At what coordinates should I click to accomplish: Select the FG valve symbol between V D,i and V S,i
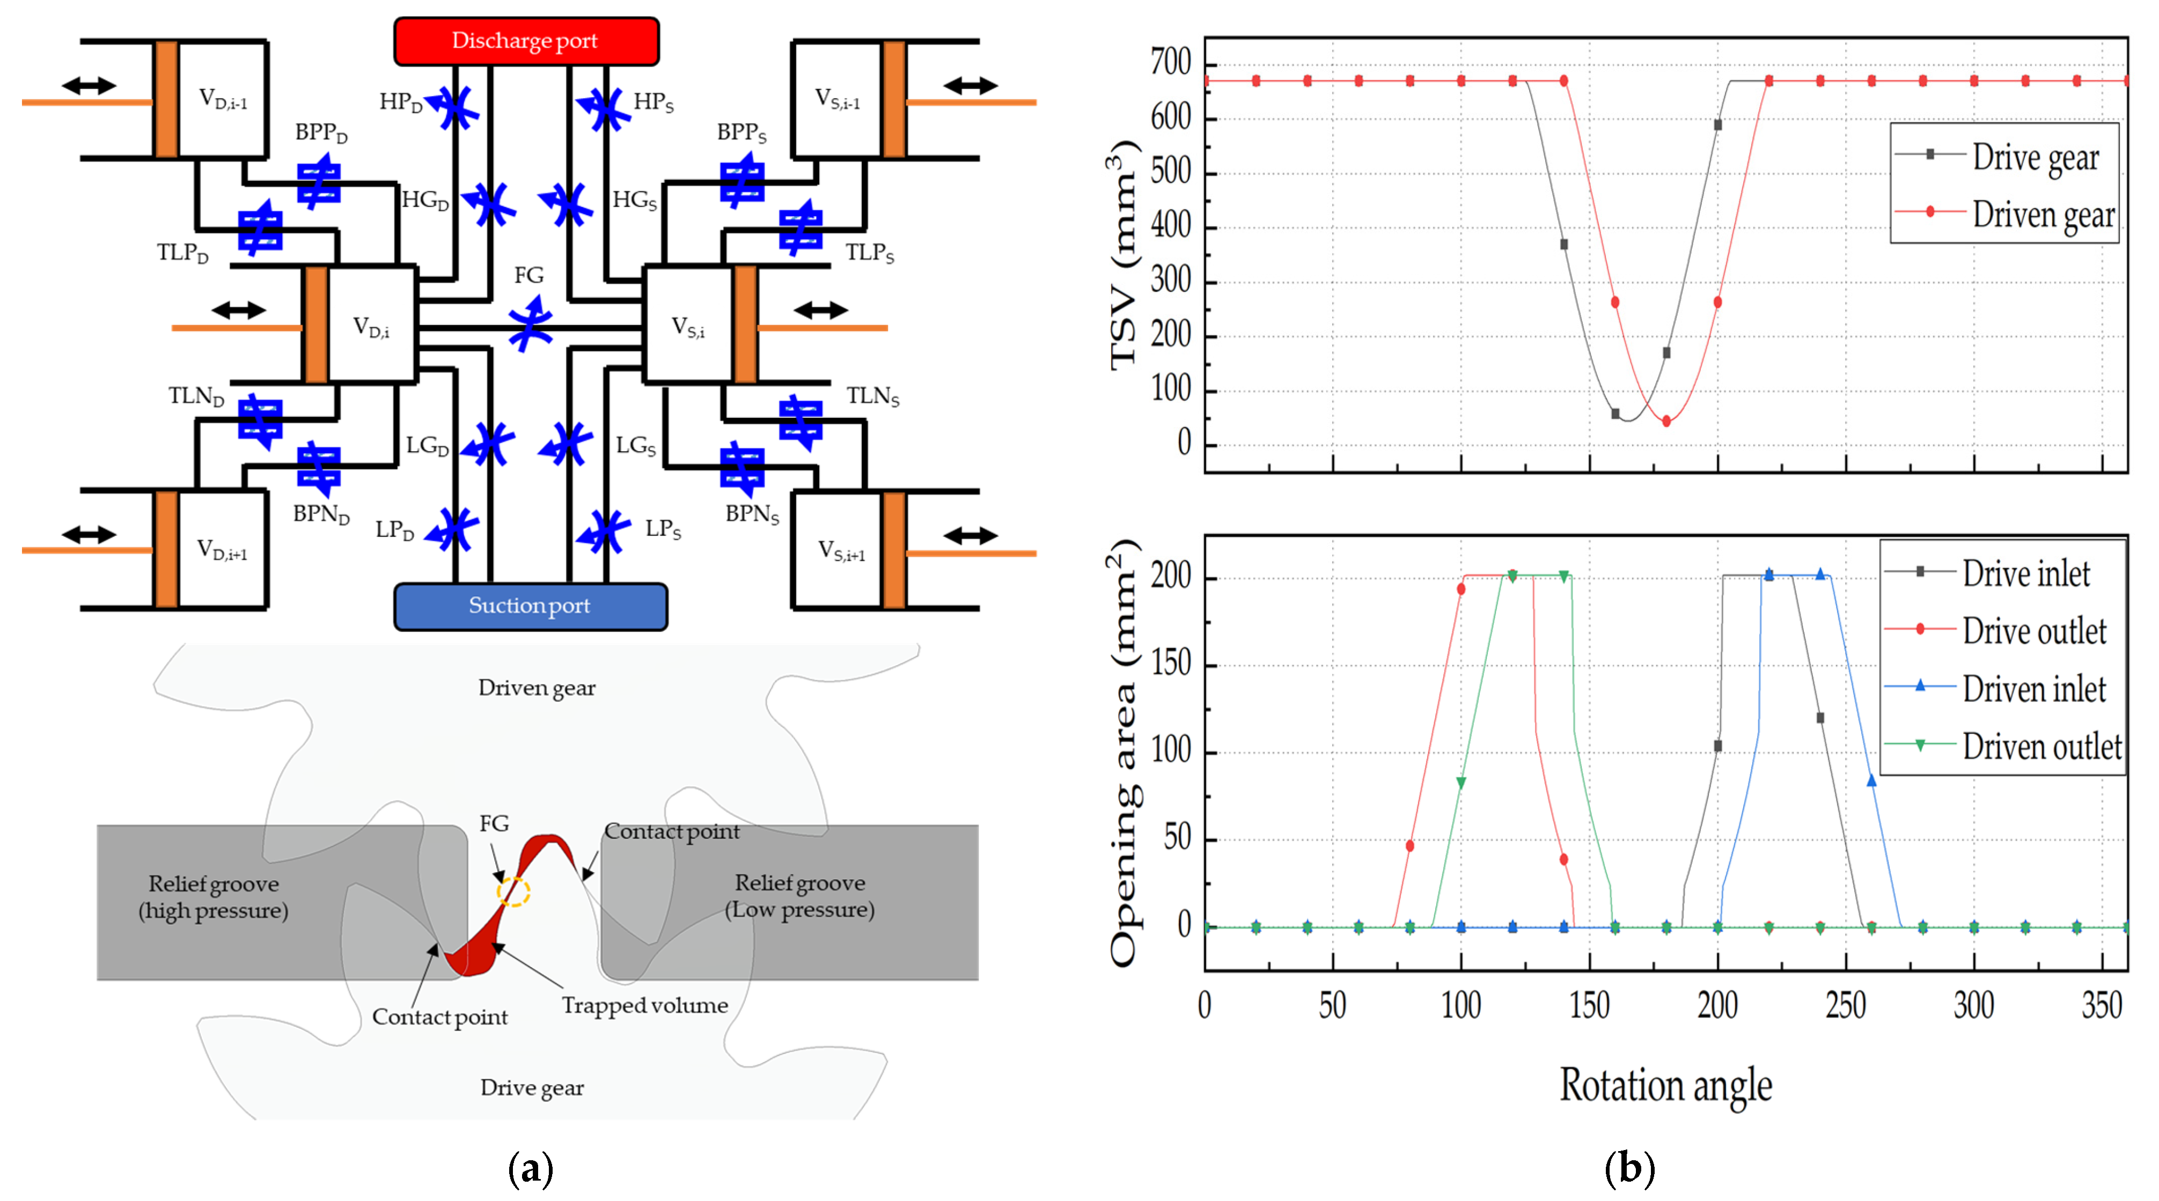pos(529,325)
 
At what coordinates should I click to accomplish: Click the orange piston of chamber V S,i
pos(744,325)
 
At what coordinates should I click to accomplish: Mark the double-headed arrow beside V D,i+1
pos(88,534)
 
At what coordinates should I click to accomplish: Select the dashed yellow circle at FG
pos(513,891)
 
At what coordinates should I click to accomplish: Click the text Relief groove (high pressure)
pos(214,897)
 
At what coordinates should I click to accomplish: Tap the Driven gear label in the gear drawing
pos(537,688)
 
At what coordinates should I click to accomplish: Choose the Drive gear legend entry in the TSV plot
pos(2003,156)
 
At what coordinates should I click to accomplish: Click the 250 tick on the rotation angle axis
pos(1846,1004)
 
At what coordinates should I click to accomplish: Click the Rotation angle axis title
pos(1665,1085)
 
